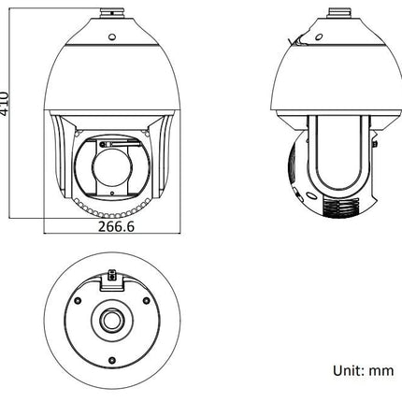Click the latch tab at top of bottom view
(x=114, y=276)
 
